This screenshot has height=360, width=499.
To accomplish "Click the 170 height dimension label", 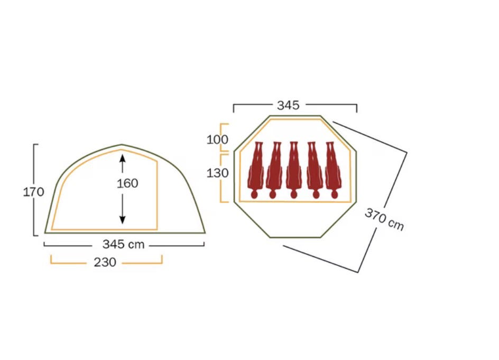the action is tap(33, 192).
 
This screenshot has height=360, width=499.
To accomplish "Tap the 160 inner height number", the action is tap(127, 183).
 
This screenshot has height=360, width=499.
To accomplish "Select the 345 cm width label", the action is tap(124, 244).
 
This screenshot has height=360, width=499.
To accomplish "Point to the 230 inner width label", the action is tap(105, 262).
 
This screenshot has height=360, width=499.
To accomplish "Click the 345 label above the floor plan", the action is tap(288, 105).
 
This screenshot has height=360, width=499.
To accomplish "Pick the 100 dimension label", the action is tap(217, 140).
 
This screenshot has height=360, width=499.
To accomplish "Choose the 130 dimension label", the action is tap(217, 173).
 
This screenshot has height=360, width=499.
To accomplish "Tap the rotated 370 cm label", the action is tap(384, 219).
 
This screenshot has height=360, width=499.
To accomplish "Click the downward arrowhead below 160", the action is tap(122, 219).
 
